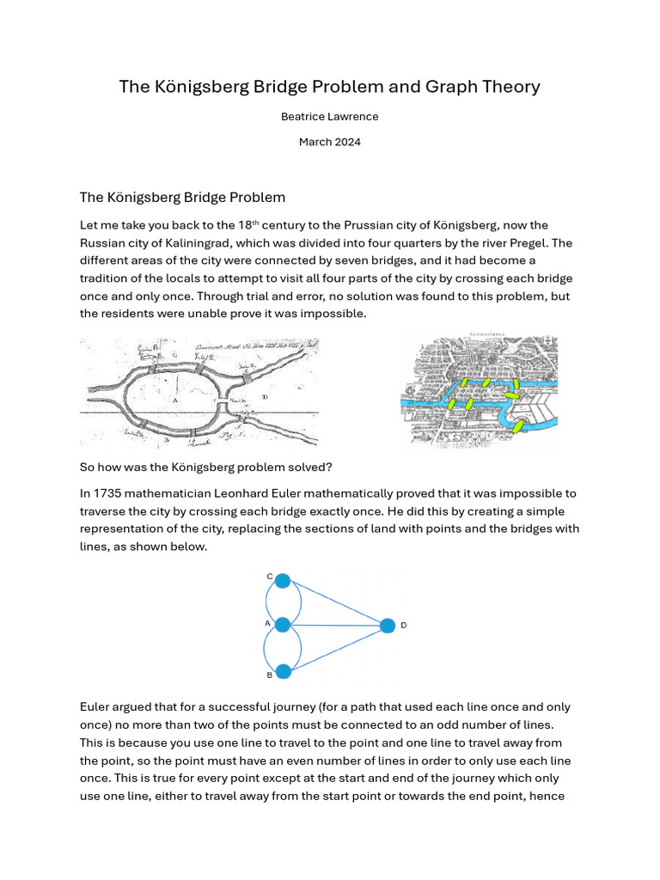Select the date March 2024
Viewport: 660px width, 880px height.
(329, 142)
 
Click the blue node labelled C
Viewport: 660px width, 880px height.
(282, 580)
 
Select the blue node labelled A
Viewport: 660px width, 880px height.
(282, 625)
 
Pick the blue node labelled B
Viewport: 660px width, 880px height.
(282, 670)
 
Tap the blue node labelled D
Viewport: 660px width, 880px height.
(388, 626)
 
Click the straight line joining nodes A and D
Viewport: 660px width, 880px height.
(335, 626)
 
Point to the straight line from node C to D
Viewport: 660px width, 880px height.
(335, 602)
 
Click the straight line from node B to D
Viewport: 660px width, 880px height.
(335, 648)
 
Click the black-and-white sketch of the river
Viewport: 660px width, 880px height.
(199, 392)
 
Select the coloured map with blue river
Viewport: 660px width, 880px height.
(479, 391)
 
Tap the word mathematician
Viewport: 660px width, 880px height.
(167, 493)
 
